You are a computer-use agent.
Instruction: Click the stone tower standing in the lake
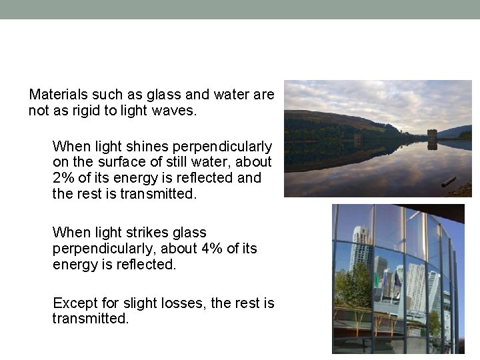[x=432, y=138]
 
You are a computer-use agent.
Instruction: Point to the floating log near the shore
[x=449, y=181]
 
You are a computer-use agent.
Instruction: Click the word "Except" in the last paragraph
[x=73, y=303]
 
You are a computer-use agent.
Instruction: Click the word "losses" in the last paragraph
[x=184, y=303]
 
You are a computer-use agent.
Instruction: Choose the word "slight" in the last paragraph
[x=139, y=303]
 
